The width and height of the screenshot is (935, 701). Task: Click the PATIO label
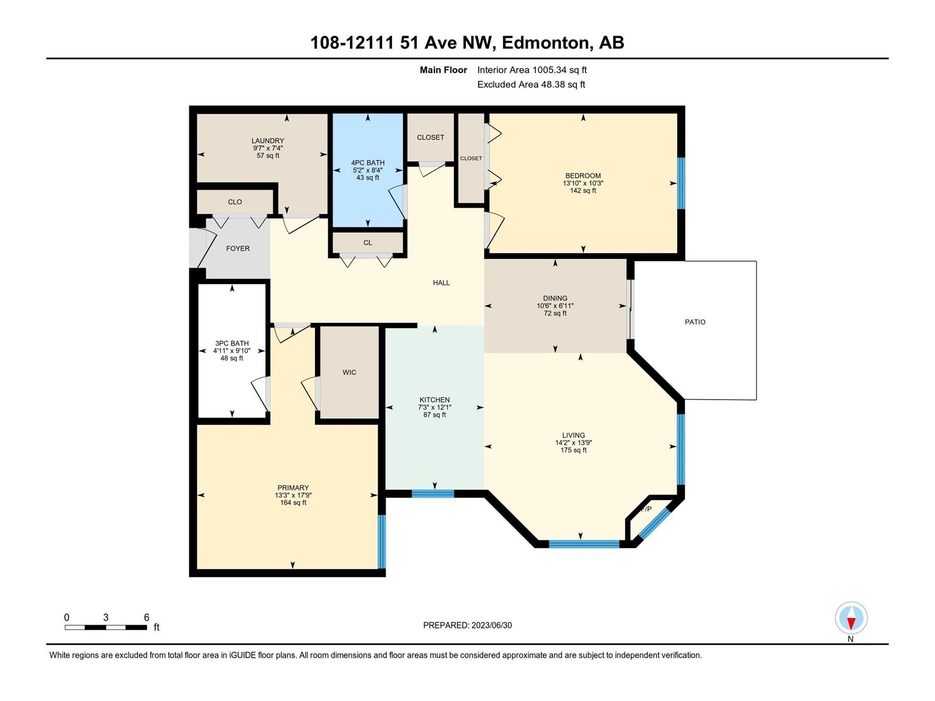pos(695,322)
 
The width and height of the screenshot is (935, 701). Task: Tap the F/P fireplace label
pos(646,509)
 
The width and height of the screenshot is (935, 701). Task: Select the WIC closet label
pos(349,373)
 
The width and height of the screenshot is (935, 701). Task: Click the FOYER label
pos(238,249)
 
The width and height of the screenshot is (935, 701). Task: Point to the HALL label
pos(441,283)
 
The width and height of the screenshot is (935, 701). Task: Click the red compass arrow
pos(851,623)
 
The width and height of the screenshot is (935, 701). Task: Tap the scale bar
pos(106,627)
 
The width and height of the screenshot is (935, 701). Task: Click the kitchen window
pos(433,494)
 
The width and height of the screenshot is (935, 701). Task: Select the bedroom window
pos(681,183)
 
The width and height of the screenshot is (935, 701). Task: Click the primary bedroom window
pos(382,542)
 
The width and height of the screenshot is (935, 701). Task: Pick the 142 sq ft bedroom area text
pos(583,190)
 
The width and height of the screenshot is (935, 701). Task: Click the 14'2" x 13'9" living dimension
pos(573,443)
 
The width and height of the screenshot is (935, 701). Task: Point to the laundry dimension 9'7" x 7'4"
pos(268,148)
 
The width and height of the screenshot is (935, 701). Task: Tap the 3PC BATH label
pos(232,343)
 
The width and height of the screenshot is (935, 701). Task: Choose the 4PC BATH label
pos(368,162)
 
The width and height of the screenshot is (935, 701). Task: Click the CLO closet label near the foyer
pos(235,202)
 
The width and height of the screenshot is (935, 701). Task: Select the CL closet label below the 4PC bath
pos(368,242)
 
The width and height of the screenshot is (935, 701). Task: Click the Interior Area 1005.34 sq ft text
pos(532,70)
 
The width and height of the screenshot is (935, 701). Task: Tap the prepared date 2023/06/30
pos(491,625)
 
